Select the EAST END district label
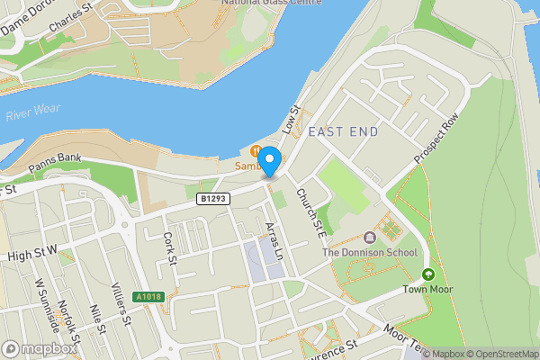(343, 131)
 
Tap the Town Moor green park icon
(427, 274)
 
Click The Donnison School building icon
(369, 238)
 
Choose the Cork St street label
(168, 248)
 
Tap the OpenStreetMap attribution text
(499, 353)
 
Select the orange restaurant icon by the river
(256, 151)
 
